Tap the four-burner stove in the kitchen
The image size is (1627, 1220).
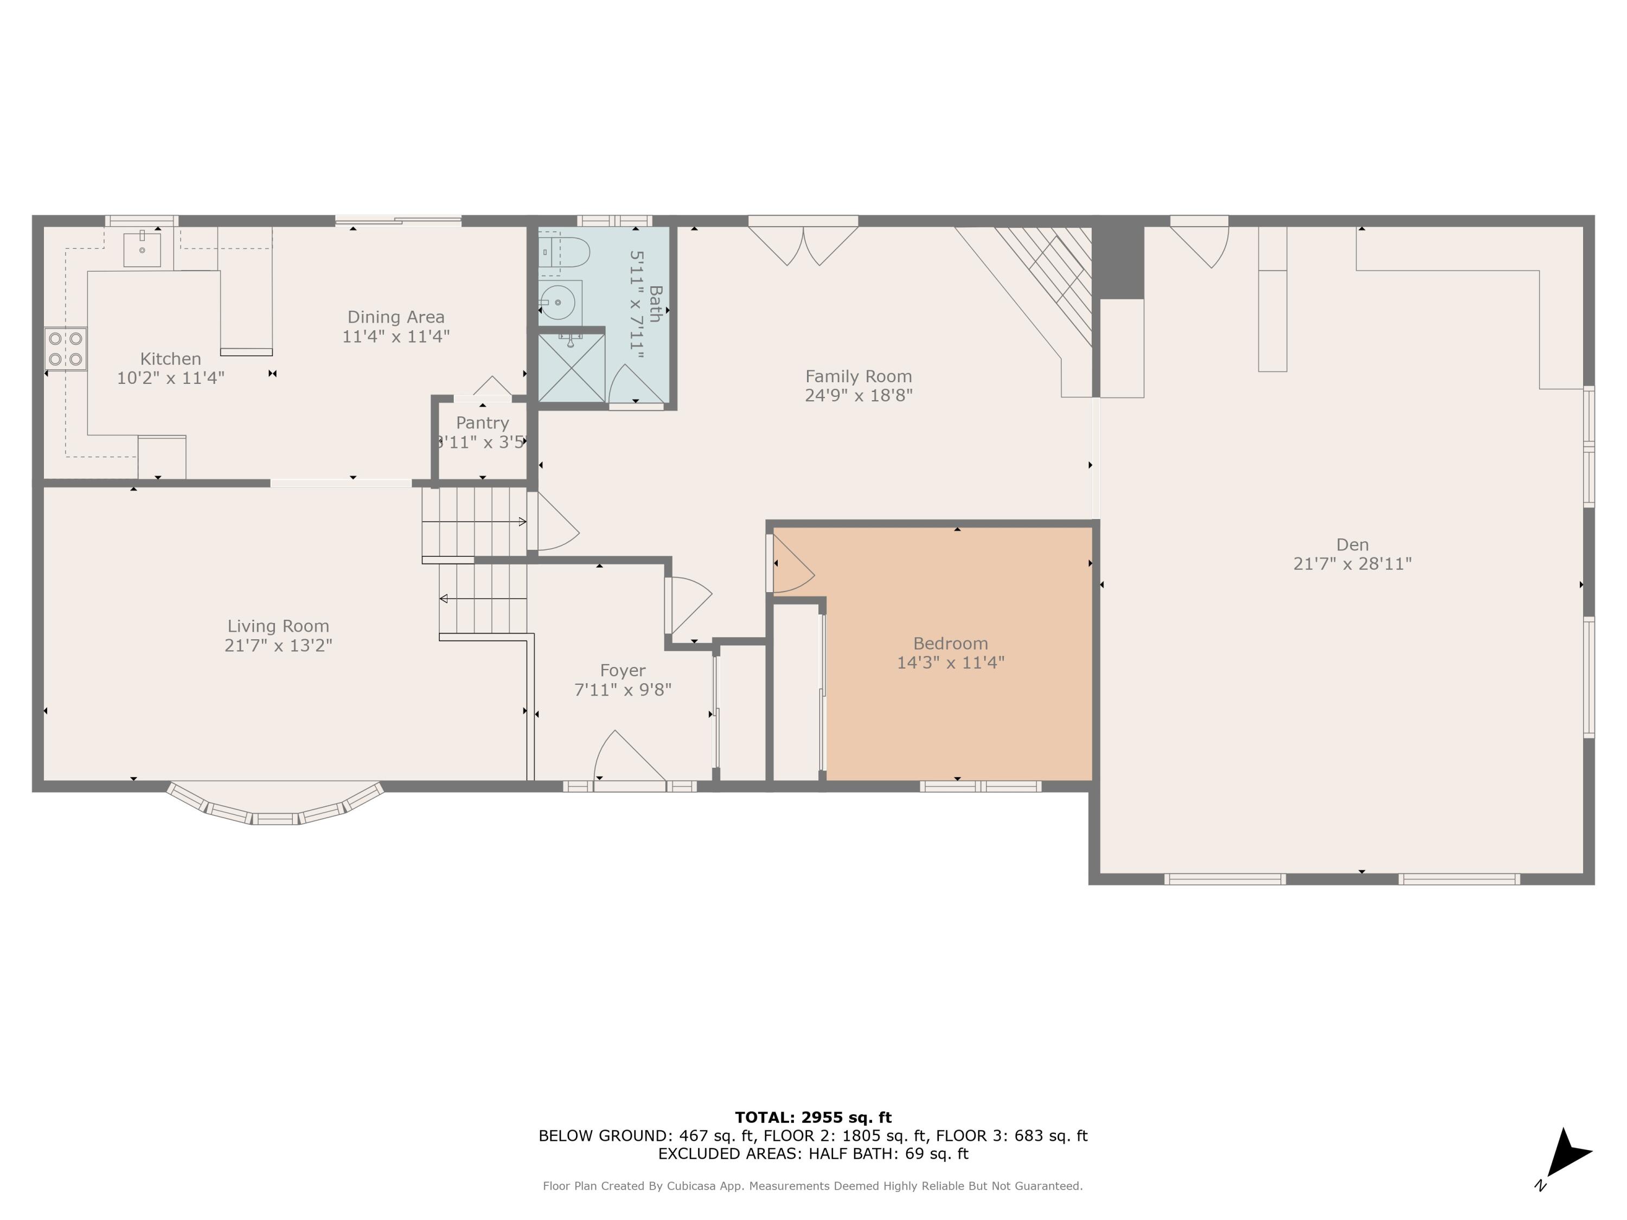click(66, 349)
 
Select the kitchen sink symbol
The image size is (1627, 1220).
click(142, 248)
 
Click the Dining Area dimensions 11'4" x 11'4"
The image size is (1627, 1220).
click(396, 336)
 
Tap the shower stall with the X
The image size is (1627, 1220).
click(572, 368)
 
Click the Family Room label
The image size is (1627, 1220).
click(859, 376)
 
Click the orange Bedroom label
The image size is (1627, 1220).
click(950, 644)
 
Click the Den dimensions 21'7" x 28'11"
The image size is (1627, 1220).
click(1352, 564)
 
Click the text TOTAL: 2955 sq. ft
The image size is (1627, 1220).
click(813, 1118)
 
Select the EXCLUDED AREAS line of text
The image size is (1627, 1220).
click(813, 1154)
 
